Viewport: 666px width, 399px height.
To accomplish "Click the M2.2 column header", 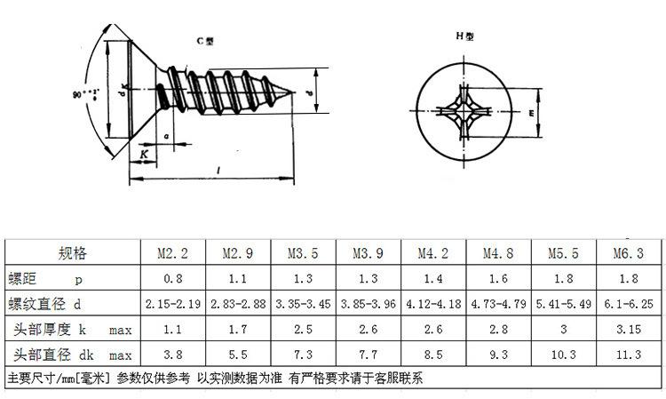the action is pos(172,253).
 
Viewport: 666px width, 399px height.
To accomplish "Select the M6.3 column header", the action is pos(628,253).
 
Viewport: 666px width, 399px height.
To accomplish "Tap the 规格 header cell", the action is pos(73,253).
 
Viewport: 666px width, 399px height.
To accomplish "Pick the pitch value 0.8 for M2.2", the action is pos(172,278).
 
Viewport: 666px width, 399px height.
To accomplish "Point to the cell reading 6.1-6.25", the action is pos(628,303).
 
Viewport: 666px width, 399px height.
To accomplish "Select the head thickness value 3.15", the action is pos(628,330).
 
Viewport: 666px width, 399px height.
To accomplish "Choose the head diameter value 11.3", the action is pos(628,355).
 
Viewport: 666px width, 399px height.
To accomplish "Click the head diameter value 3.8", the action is pos(172,355).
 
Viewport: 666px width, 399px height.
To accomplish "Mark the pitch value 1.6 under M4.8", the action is pos(498,278).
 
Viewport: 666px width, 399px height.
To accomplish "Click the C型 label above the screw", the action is pos(204,42).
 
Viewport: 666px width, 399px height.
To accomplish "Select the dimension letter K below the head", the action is pos(144,154).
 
